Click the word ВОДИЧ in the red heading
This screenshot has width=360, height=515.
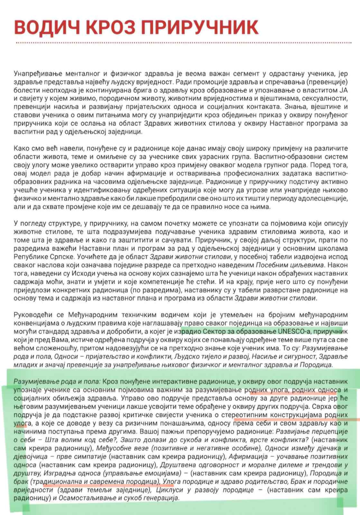(x=46, y=27)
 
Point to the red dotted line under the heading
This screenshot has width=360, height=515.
(x=180, y=42)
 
